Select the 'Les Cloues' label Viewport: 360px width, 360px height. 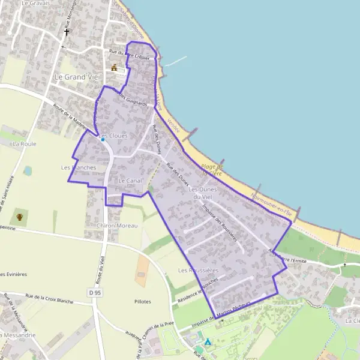(x=113, y=136)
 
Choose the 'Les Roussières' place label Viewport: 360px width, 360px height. (x=198, y=271)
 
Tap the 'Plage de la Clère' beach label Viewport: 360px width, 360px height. (x=212, y=170)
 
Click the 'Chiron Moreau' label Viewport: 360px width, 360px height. (x=117, y=226)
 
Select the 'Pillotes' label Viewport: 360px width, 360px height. (x=139, y=301)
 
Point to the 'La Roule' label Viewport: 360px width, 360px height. (x=25, y=145)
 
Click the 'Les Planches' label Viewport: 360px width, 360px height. (x=79, y=167)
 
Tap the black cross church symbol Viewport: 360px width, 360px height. (x=67, y=32)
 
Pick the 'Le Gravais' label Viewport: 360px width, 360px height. (x=35, y=3)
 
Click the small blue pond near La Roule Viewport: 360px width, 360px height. (x=28, y=171)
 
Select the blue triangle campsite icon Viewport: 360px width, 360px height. (x=208, y=342)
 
